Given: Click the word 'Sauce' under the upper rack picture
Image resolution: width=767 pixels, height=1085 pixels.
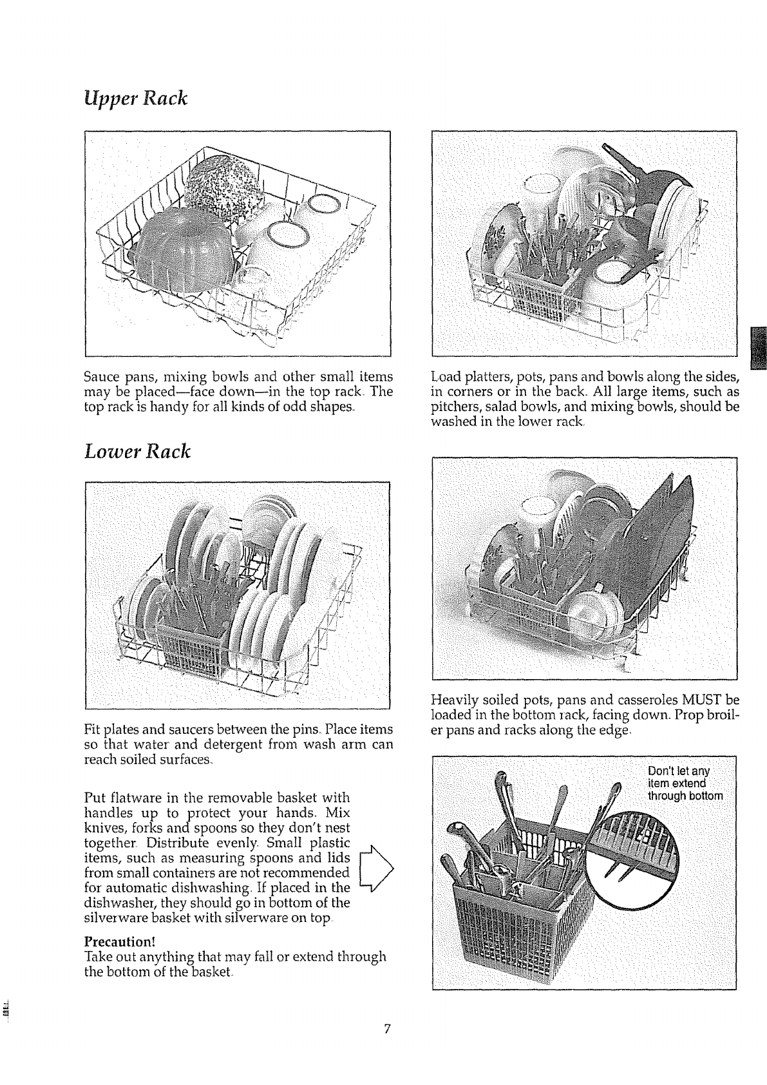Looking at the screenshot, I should pos(102,376).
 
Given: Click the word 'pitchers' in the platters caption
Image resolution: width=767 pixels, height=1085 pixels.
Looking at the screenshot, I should pos(451,407).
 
